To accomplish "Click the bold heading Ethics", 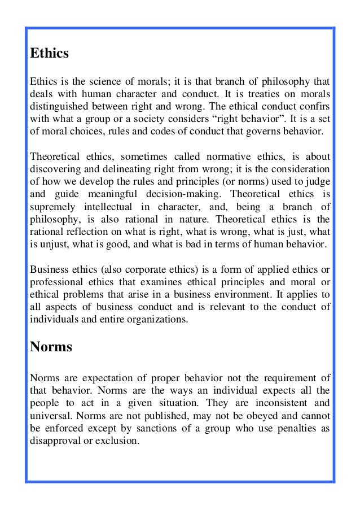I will (x=49, y=54).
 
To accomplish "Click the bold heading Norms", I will (x=51, y=346).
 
